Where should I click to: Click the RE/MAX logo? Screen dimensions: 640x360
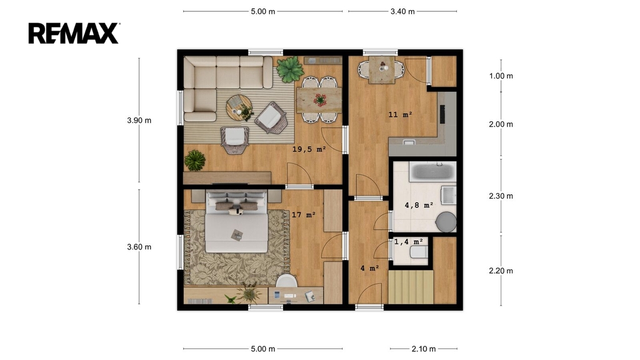click(x=74, y=33)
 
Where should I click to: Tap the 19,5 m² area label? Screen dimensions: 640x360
click(x=309, y=149)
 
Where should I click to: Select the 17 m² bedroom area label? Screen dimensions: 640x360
click(x=304, y=215)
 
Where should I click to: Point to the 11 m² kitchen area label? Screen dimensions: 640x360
click(x=400, y=115)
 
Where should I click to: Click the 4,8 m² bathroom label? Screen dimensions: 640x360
click(x=419, y=205)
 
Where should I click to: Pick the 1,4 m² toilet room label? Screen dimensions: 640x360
click(x=408, y=242)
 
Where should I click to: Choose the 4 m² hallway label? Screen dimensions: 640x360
click(x=370, y=268)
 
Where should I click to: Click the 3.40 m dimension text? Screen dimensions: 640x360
click(x=402, y=11)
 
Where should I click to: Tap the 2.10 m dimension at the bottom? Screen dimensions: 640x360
click(x=424, y=349)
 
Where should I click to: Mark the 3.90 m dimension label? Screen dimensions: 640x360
click(x=139, y=121)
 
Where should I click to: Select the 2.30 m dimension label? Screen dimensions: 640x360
click(x=501, y=196)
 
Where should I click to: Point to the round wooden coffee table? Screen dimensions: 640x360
click(x=239, y=107)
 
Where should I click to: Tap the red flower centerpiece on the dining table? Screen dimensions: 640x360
click(x=320, y=99)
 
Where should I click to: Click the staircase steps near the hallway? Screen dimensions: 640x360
click(x=411, y=287)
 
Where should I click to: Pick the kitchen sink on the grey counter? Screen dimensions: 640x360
click(x=409, y=142)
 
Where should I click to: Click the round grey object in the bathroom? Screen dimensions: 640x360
click(x=446, y=222)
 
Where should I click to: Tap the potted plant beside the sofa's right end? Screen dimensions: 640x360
click(x=290, y=69)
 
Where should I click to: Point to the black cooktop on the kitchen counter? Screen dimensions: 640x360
click(x=442, y=114)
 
